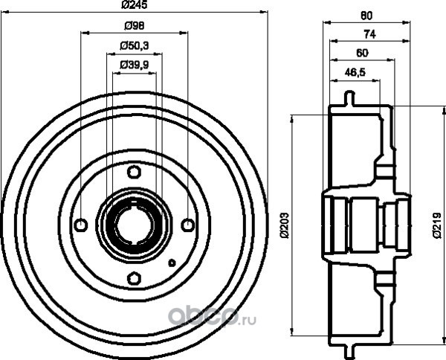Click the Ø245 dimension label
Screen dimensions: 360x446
tap(134, 7)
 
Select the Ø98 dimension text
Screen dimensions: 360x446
tap(134, 27)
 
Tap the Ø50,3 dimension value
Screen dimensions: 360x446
tap(134, 46)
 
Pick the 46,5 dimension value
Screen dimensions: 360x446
tap(355, 72)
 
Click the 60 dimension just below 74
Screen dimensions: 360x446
tap(362, 53)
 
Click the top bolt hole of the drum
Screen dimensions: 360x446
tap(134, 172)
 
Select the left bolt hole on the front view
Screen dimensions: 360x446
tap(81, 225)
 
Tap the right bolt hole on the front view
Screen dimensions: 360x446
tap(187, 225)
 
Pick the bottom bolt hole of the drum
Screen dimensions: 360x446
tap(134, 278)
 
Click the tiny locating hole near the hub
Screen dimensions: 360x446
tap(171, 262)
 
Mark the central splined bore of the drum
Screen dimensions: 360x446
tap(134, 225)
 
